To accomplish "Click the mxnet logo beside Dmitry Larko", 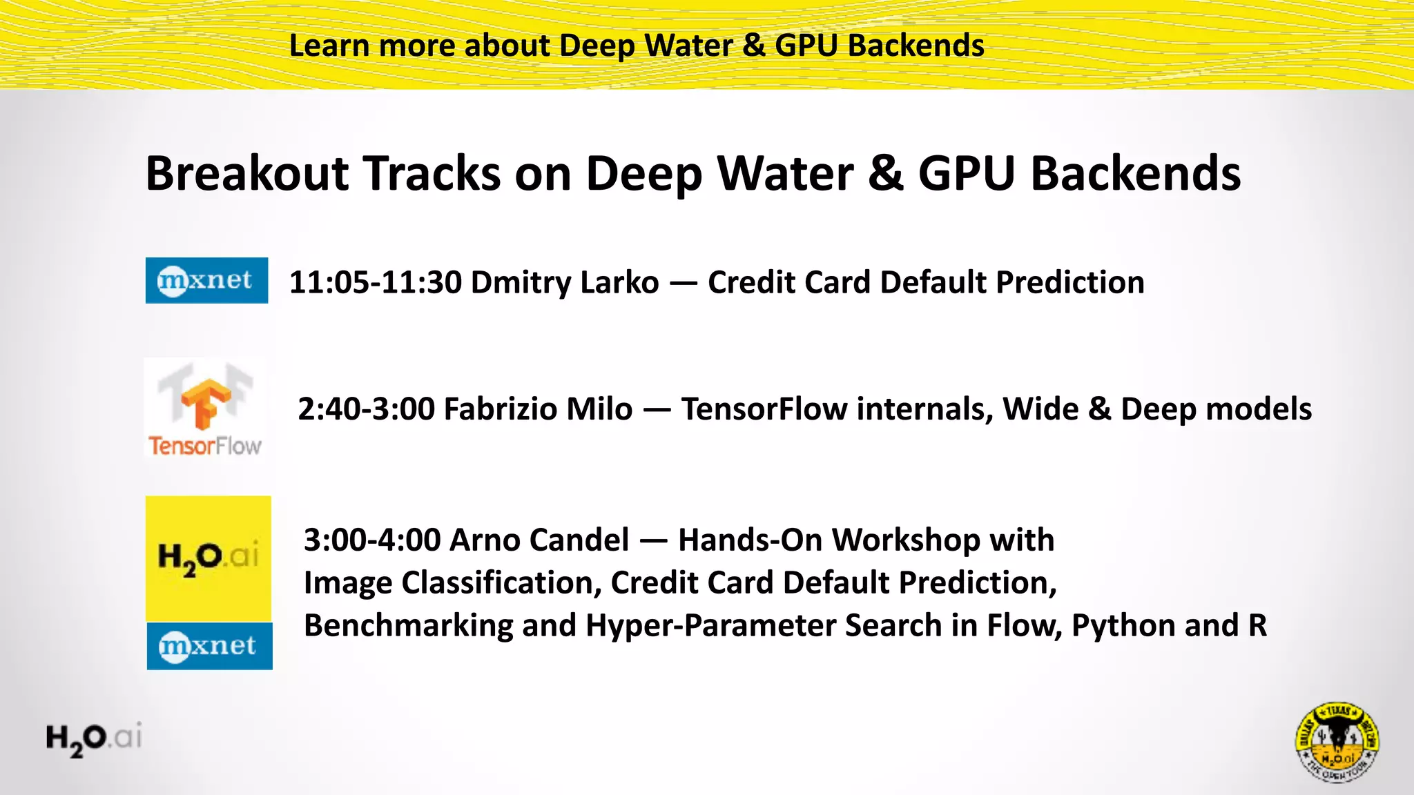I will [206, 280].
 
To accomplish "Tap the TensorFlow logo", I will [205, 409].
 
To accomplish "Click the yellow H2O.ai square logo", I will [208, 558].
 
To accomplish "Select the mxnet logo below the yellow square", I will [209, 646].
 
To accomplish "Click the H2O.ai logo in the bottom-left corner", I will [94, 738].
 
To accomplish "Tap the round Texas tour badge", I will [1337, 743].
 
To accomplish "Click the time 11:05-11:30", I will [375, 282].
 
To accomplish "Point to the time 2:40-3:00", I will [366, 409].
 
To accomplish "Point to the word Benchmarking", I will [408, 626].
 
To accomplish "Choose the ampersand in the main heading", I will [885, 173].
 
